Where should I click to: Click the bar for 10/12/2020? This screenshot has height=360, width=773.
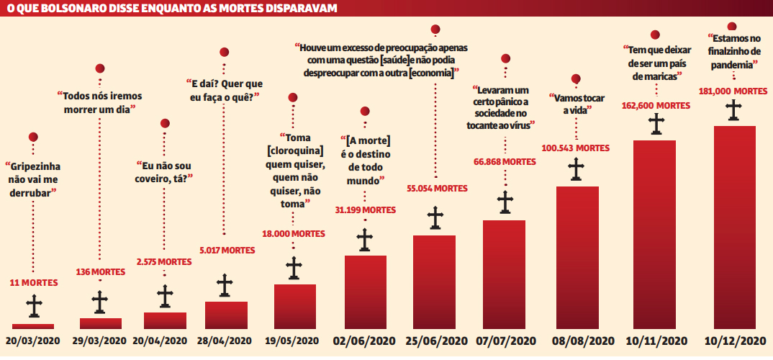(734, 227)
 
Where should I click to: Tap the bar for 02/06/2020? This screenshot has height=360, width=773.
(365, 292)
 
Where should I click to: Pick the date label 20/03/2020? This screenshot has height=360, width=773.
(34, 341)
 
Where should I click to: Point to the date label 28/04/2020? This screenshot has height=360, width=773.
(225, 341)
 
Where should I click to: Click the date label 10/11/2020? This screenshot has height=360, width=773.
(656, 341)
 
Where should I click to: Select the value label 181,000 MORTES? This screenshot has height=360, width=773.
(733, 91)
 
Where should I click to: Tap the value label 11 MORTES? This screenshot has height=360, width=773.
(34, 283)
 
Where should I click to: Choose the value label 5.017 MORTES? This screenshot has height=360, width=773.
(225, 251)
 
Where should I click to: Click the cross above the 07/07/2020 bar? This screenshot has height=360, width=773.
(507, 202)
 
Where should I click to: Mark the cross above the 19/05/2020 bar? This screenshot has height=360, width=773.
(294, 267)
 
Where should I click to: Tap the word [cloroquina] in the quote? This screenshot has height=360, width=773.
(294, 150)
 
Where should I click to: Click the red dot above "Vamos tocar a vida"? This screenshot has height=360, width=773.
(576, 79)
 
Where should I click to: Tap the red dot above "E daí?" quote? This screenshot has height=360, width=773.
(225, 52)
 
